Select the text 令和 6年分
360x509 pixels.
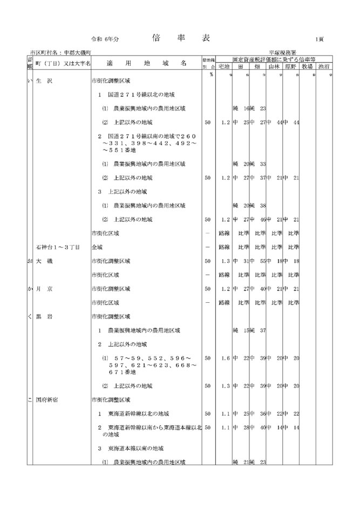tap(105, 40)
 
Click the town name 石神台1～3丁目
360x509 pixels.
tap(58, 247)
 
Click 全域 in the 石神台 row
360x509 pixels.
tap(97, 247)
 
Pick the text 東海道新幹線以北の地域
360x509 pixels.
tap(138, 413)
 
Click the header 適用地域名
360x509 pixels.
tap(146, 63)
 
